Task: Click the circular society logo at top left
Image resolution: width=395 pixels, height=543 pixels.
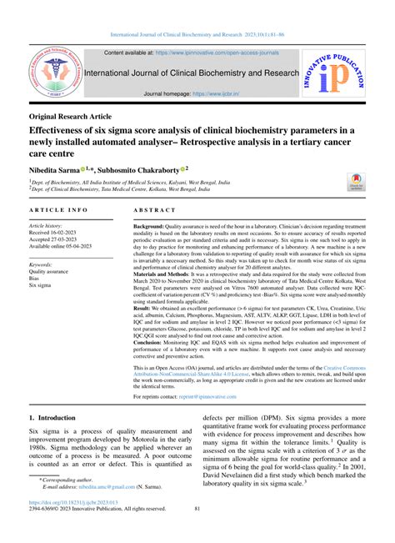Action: (56, 73)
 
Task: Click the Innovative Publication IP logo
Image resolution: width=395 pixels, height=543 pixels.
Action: (340, 75)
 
